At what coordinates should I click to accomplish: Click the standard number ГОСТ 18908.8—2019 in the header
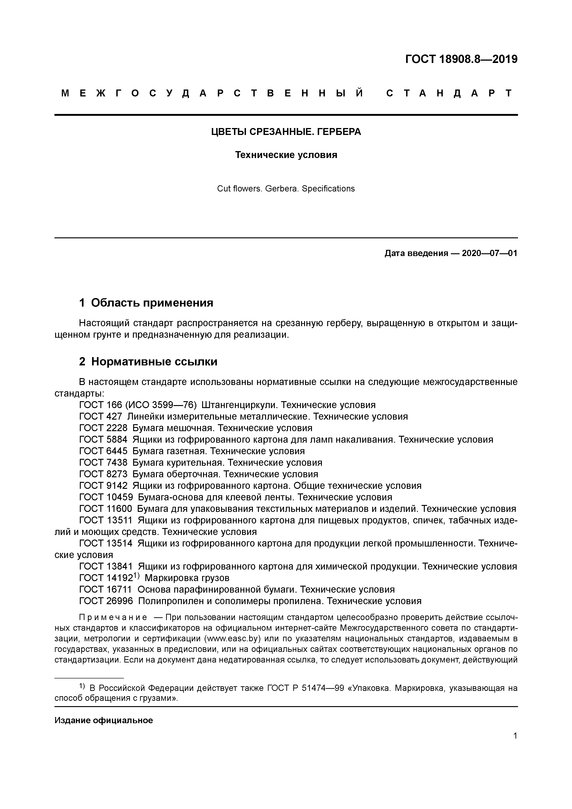[461, 59]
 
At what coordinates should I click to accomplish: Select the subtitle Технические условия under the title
[286, 155]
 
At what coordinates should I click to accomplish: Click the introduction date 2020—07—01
[489, 253]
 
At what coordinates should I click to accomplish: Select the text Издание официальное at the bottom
[104, 721]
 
